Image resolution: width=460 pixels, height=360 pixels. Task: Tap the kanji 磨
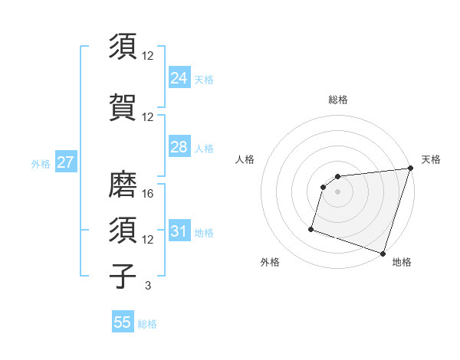pos(123,184)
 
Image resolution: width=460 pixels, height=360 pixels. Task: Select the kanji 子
pos(123,275)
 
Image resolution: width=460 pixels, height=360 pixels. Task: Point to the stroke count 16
pos(149,194)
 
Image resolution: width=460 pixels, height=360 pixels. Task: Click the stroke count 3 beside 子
pos(147,285)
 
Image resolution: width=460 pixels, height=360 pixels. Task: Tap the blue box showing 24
pos(179,77)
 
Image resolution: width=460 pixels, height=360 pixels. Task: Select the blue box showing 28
pos(179,147)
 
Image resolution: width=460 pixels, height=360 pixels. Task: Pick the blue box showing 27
pos(65,162)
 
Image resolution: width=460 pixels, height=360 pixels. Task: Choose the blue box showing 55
pos(123,323)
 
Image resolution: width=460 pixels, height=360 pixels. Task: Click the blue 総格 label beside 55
pos(147,324)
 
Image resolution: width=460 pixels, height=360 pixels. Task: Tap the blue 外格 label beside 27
pos(41,163)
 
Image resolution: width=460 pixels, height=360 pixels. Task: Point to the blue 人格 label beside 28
pos(204,148)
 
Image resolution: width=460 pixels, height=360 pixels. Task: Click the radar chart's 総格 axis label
pos(337,100)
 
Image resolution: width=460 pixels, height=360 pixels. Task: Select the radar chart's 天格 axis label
pos(431,159)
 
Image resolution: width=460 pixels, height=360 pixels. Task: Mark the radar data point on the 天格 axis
pos(410,169)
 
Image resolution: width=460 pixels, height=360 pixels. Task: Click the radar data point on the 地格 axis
pos(383,253)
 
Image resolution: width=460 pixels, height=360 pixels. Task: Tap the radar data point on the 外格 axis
pos(311,228)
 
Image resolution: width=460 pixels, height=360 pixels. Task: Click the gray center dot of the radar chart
pos(337,192)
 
